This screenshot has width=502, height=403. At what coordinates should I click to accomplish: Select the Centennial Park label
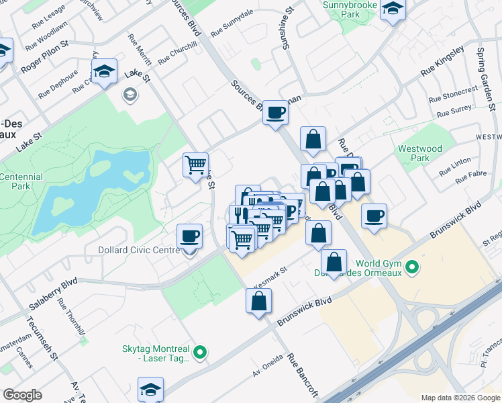pos(21,182)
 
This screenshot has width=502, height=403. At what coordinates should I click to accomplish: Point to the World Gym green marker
pos(414,268)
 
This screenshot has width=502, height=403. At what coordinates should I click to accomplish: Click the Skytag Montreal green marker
pos(199,351)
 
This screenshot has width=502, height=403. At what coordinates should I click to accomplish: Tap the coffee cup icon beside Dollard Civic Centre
pos(189,236)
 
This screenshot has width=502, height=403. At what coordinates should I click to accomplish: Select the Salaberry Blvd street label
pos(54,295)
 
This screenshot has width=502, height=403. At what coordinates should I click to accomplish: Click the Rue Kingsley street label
pos(442,61)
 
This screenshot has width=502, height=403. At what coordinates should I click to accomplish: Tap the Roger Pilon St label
pos(46,56)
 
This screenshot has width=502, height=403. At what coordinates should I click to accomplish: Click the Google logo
pos(22,395)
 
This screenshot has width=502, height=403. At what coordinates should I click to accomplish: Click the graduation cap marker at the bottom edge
pos(150,389)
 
